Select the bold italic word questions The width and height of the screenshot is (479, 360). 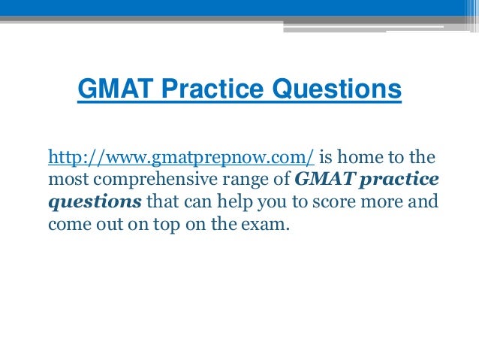[x=95, y=202]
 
